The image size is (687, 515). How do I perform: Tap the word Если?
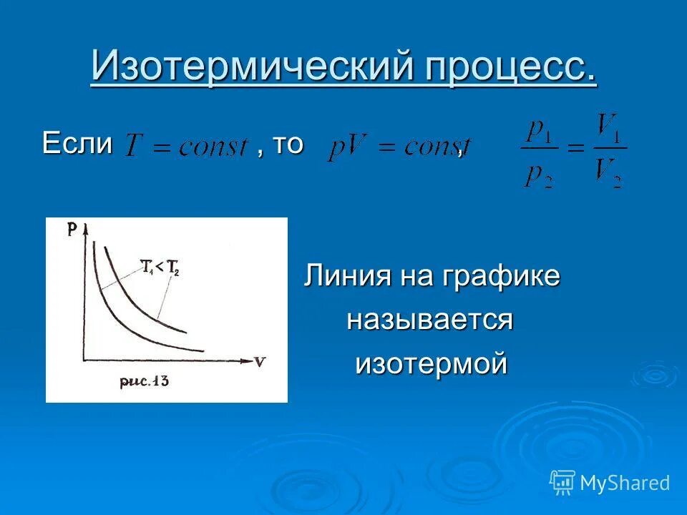(x=77, y=144)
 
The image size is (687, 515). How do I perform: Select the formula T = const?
(x=187, y=147)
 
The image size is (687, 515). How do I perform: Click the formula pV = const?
(x=397, y=148)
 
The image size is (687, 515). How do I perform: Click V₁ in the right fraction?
(x=609, y=129)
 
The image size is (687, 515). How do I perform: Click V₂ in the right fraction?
(x=609, y=173)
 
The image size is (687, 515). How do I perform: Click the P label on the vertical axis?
(x=73, y=229)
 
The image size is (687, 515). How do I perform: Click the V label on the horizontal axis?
(x=259, y=361)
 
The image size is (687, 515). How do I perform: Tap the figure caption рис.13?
(x=145, y=381)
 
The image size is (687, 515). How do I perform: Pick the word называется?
(x=430, y=320)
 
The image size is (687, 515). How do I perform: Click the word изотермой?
(x=432, y=363)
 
